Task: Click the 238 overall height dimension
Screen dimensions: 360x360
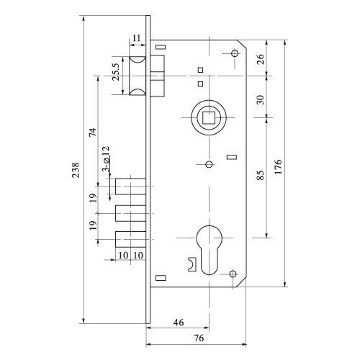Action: tap(76, 170)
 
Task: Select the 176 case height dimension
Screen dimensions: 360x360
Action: tap(278, 166)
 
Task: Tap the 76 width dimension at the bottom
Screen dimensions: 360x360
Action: tap(199, 338)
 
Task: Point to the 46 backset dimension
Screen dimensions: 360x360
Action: tap(179, 323)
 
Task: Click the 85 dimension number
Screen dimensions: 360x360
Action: tap(260, 175)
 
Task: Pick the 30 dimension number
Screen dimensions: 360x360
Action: tap(260, 99)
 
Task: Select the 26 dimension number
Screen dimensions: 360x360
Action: tap(260, 59)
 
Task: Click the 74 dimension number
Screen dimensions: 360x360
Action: tap(93, 132)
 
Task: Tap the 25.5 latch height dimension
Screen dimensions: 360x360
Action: tap(115, 72)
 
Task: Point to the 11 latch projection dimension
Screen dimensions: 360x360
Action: tap(137, 38)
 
